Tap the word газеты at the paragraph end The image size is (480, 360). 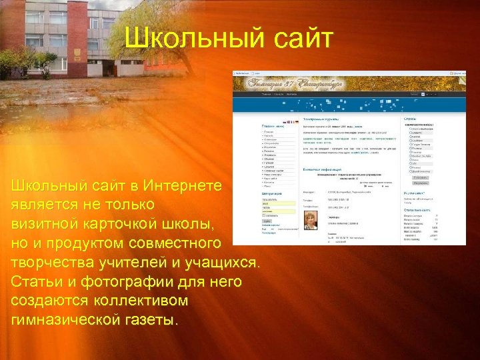point(153,320)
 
